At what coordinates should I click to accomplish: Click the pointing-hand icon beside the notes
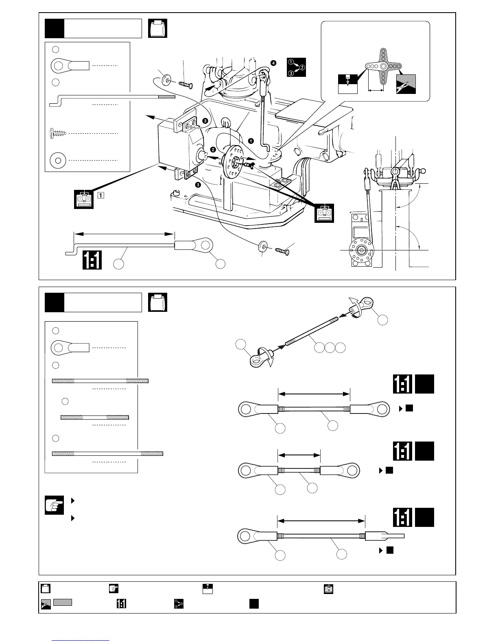click(55, 505)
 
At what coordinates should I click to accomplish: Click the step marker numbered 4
click(273, 63)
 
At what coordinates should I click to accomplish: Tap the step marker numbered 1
click(251, 141)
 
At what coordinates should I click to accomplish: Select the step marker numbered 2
click(213, 149)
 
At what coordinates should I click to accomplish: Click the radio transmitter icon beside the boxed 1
click(84, 199)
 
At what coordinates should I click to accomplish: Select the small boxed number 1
click(100, 195)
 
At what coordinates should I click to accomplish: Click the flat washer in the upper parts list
click(58, 161)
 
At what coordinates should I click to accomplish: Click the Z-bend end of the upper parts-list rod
click(55, 102)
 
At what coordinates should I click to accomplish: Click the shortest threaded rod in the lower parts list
click(94, 417)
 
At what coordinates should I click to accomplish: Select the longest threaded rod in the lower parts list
click(107, 453)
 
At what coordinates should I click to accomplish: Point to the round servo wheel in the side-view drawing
click(360, 250)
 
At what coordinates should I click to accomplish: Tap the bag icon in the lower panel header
click(158, 302)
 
